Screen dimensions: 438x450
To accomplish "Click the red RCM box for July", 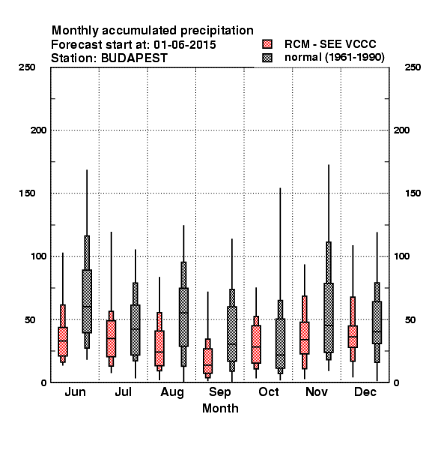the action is [111, 339].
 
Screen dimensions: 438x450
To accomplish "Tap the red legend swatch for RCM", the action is [267, 44].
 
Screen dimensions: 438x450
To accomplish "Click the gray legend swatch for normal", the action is [267, 58].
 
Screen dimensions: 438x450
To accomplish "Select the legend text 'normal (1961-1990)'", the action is [335, 58].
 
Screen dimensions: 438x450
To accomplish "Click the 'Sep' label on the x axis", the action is [219, 392].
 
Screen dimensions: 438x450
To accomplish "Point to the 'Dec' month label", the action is [365, 391].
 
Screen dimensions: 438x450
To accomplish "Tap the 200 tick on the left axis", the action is [38, 130].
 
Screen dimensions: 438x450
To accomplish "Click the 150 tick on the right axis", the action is [413, 193].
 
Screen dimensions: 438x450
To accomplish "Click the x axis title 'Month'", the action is [220, 408].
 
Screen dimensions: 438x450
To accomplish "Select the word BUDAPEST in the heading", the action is [134, 58].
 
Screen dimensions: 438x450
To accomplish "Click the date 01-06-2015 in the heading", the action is [185, 45].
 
